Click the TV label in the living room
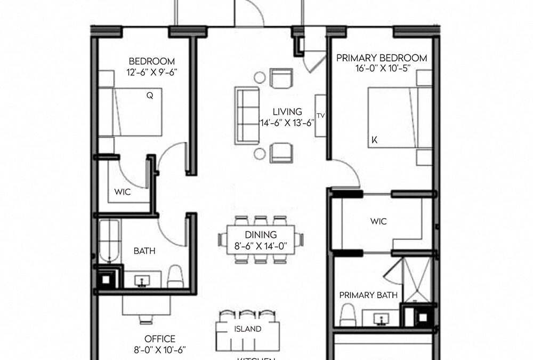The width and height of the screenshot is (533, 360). (x=321, y=115)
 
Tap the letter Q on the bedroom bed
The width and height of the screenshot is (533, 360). (x=150, y=97)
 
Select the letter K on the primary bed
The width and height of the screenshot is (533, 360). (x=375, y=141)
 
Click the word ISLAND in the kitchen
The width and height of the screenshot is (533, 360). (x=248, y=329)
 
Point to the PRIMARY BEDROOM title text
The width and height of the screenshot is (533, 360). (x=381, y=58)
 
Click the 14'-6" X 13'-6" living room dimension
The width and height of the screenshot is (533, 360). (x=287, y=122)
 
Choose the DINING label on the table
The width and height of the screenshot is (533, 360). (x=261, y=235)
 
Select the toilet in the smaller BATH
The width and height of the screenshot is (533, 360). (x=175, y=276)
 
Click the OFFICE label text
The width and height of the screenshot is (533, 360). (x=160, y=339)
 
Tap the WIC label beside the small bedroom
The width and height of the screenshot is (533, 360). (x=123, y=191)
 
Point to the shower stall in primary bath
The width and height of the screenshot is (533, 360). (x=416, y=280)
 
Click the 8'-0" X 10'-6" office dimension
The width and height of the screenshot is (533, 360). (x=160, y=350)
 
